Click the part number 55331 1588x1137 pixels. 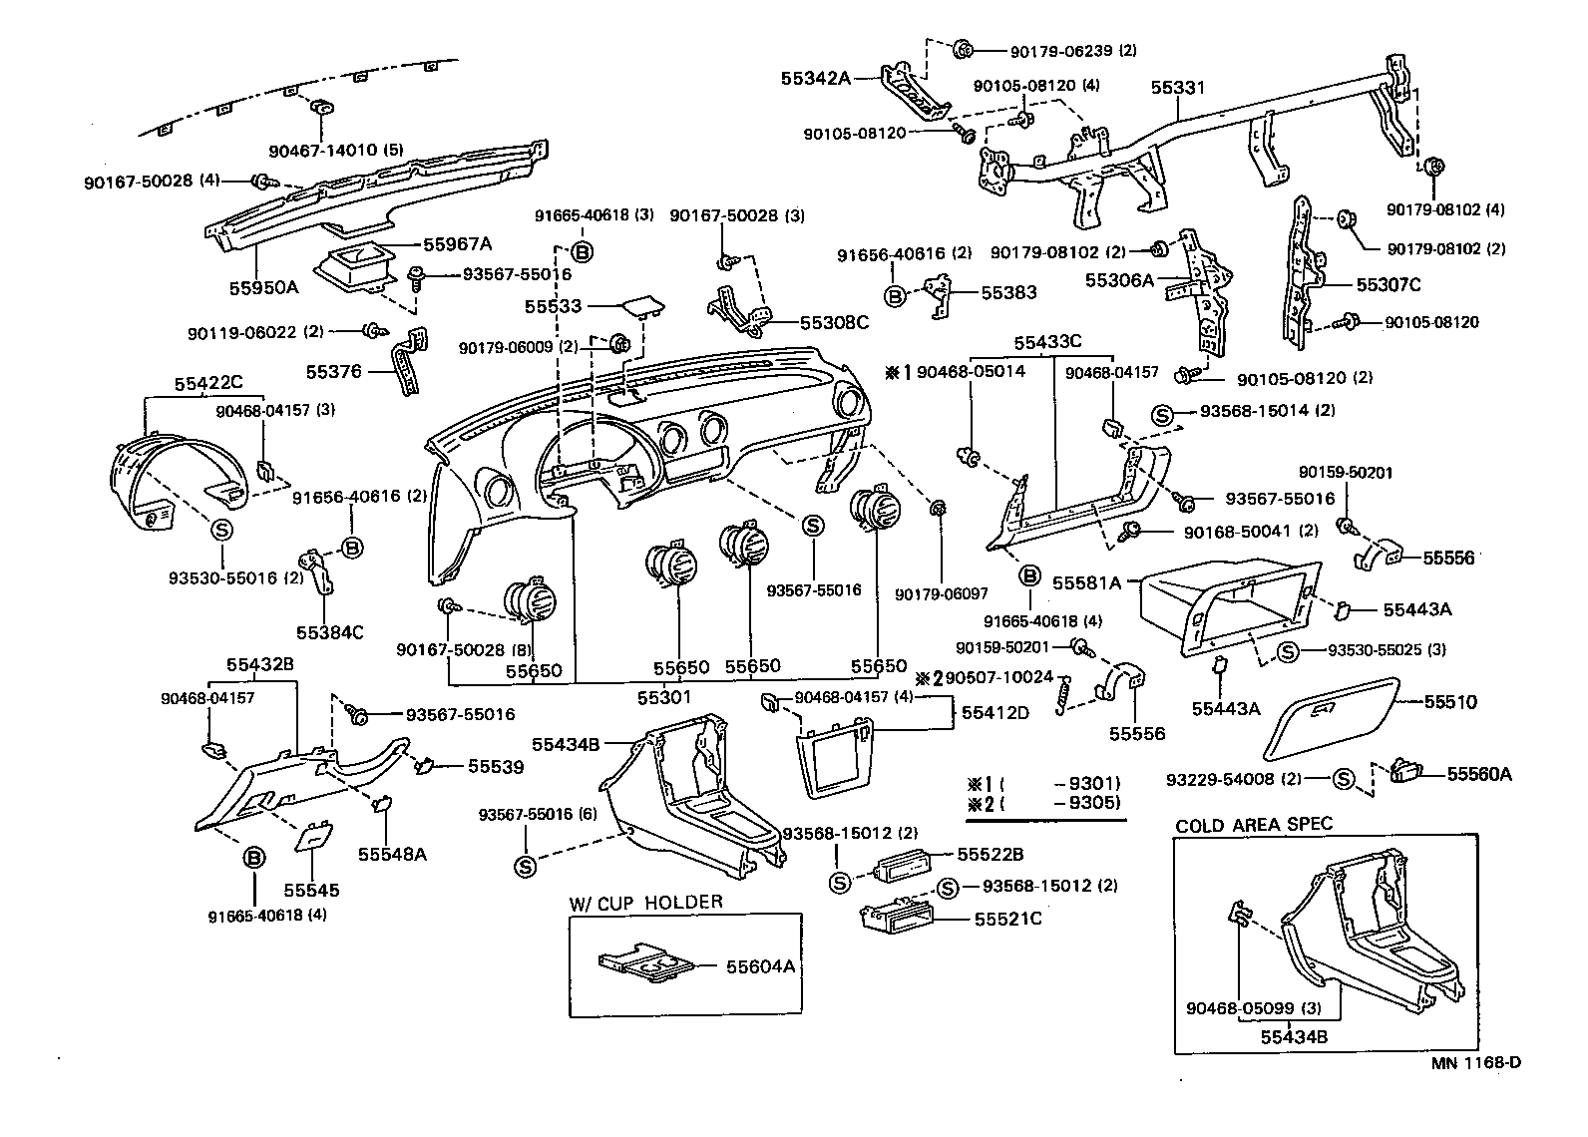tap(1178, 88)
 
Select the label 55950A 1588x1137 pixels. tap(263, 287)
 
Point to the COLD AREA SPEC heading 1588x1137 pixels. tap(1254, 825)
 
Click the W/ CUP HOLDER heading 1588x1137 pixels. tap(645, 903)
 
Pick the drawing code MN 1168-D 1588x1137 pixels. tap(1476, 1062)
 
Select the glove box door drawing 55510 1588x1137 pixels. tap(1330, 716)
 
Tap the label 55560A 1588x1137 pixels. tap(1479, 773)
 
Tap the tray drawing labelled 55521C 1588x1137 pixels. tap(900, 919)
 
